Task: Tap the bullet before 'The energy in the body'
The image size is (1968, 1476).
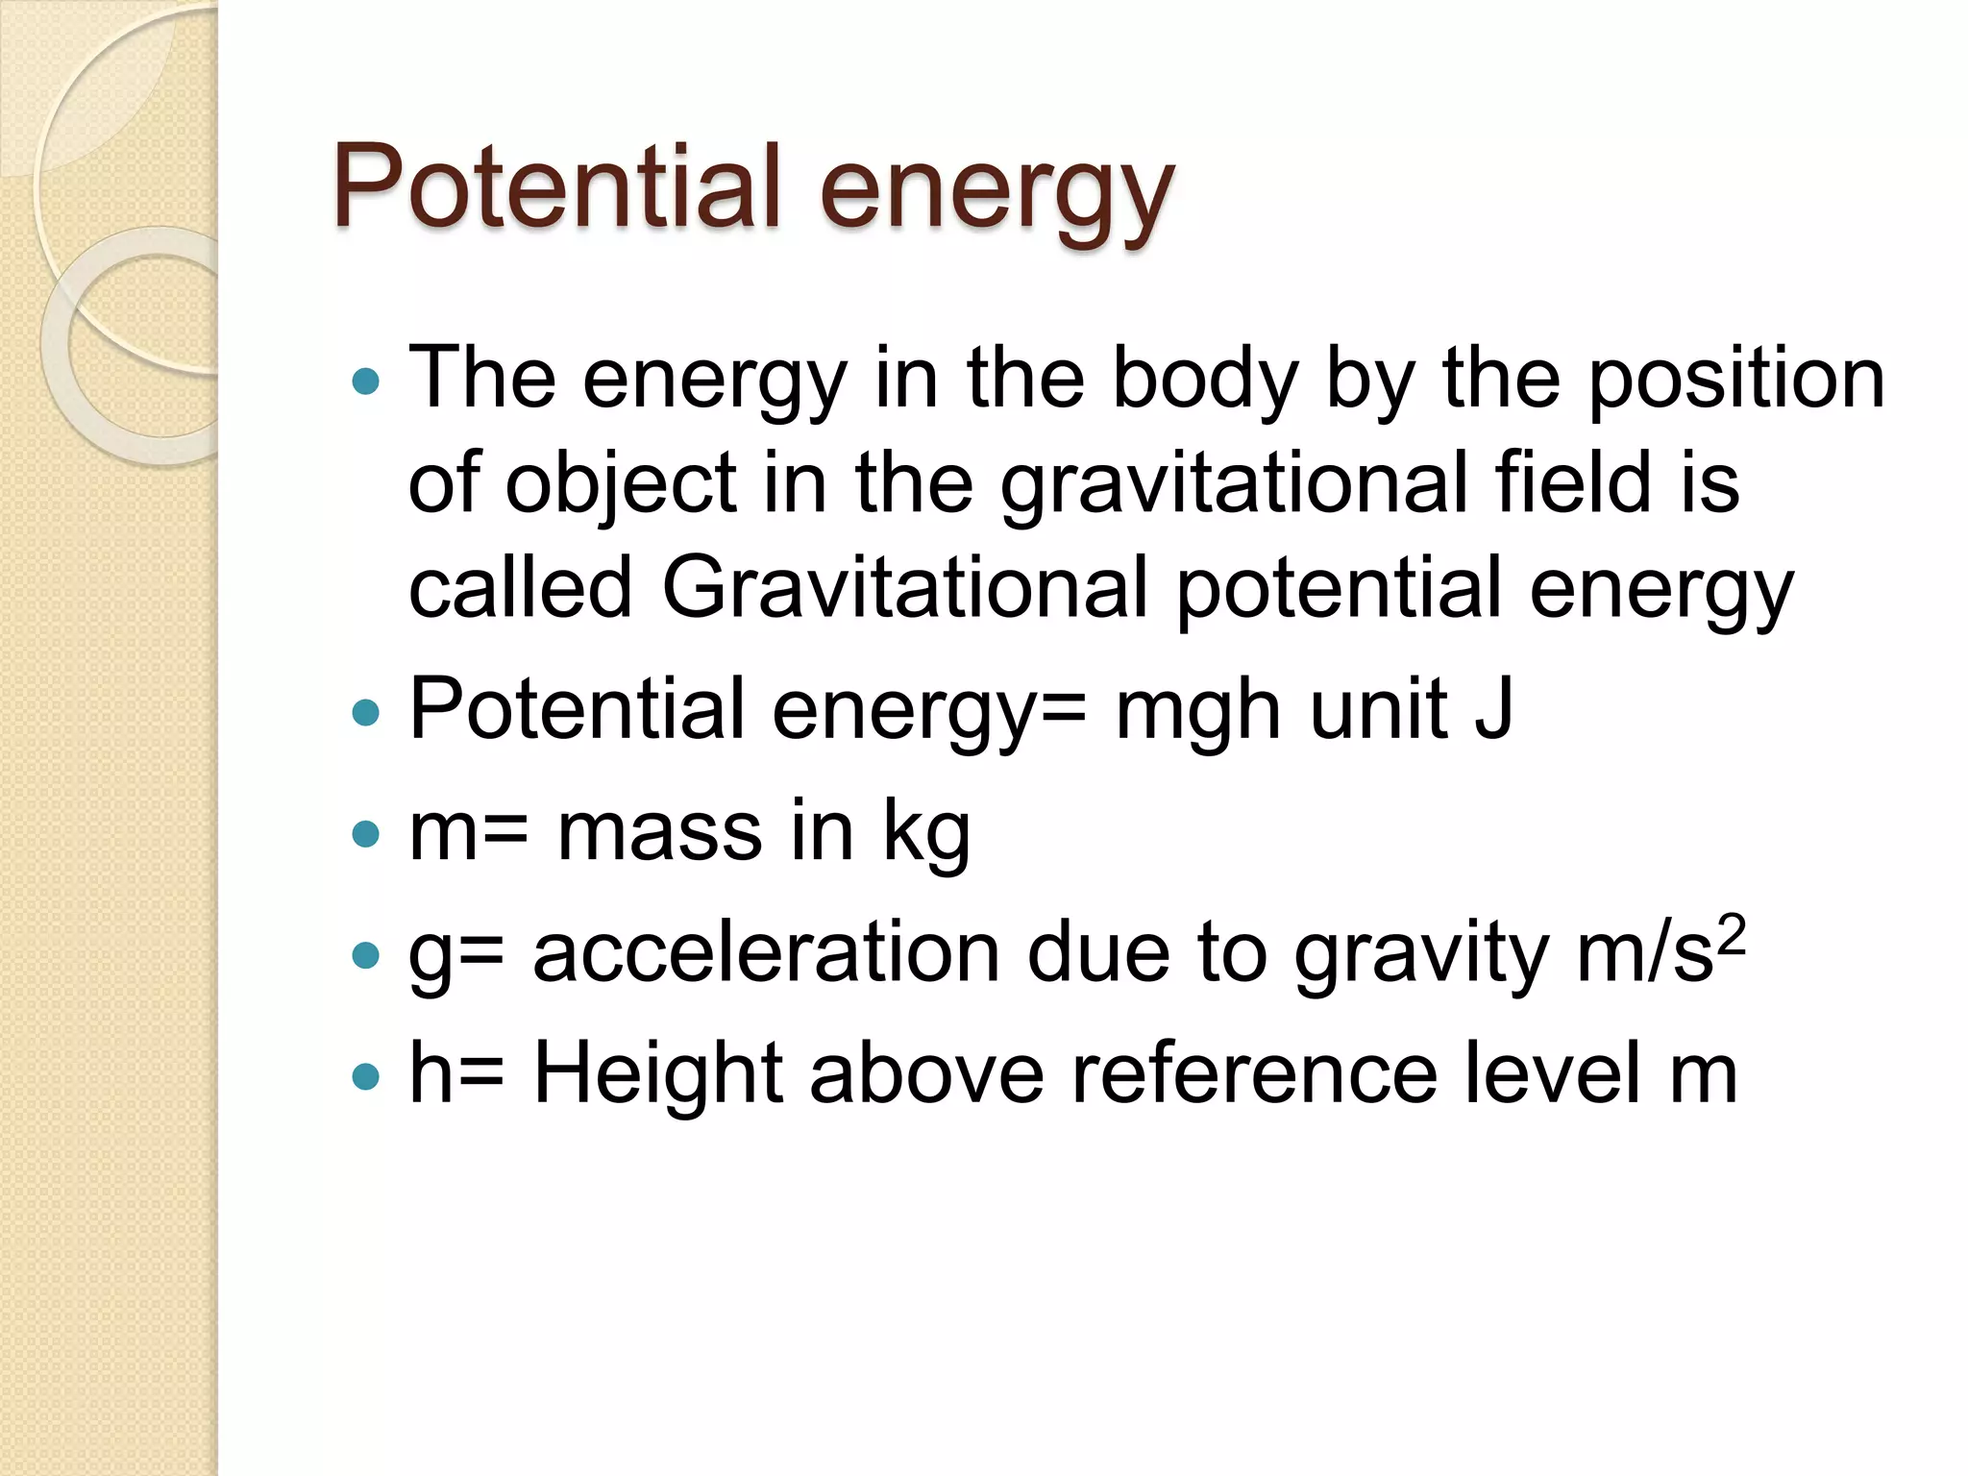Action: [x=366, y=382]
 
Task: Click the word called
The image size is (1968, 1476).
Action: [x=520, y=587]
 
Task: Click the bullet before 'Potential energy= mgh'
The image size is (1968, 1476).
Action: [x=366, y=713]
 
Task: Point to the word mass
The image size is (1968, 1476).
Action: [x=660, y=832]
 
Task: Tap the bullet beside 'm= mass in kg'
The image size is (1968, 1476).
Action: [x=366, y=833]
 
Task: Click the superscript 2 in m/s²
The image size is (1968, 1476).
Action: [x=1731, y=934]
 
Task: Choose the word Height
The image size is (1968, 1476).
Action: [x=658, y=1074]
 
